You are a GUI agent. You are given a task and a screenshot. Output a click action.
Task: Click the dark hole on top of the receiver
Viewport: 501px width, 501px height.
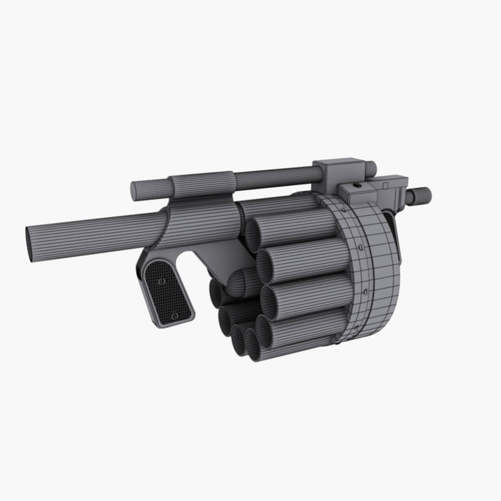(357, 185)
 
